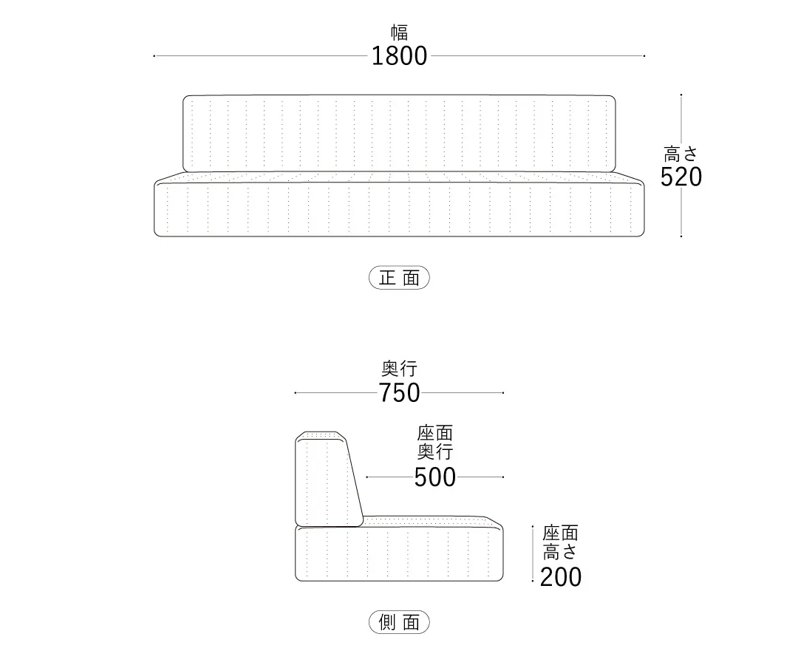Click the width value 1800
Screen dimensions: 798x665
(399, 56)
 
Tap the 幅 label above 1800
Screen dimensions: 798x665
(400, 33)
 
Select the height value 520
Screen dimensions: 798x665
(681, 177)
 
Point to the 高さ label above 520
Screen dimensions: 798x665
(681, 154)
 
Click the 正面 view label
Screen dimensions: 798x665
(399, 278)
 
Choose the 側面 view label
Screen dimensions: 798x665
(399, 621)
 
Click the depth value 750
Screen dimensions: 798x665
(399, 393)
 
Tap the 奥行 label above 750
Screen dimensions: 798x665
(400, 369)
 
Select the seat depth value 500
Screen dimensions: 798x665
(435, 477)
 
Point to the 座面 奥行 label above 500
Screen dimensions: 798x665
(435, 442)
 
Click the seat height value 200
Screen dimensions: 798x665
(561, 578)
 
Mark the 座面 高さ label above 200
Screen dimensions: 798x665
(560, 542)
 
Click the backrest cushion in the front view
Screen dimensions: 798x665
(399, 133)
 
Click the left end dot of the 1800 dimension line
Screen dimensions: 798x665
(154, 56)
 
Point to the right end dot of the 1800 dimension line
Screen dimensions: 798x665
(644, 56)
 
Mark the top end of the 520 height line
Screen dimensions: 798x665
(681, 95)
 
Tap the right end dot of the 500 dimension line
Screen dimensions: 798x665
(503, 477)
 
